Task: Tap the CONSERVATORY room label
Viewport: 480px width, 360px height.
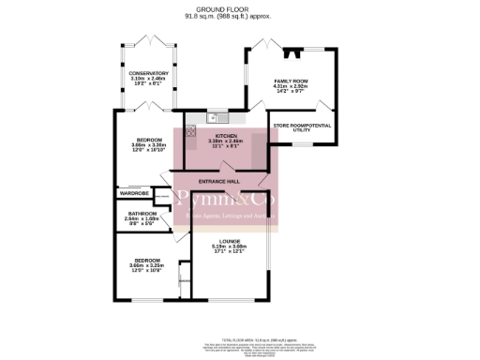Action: (149, 73)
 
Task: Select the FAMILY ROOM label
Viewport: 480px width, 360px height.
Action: (292, 82)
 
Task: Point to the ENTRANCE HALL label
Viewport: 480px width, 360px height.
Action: (219, 181)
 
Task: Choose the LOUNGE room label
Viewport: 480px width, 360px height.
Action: (230, 241)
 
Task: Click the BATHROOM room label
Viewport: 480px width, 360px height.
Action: (142, 214)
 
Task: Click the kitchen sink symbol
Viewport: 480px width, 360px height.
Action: (217, 117)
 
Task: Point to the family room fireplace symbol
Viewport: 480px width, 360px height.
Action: (294, 53)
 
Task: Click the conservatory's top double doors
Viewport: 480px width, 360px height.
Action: (149, 41)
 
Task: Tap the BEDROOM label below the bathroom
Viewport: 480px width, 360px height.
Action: (147, 260)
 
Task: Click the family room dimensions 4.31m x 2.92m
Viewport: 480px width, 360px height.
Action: (292, 87)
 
